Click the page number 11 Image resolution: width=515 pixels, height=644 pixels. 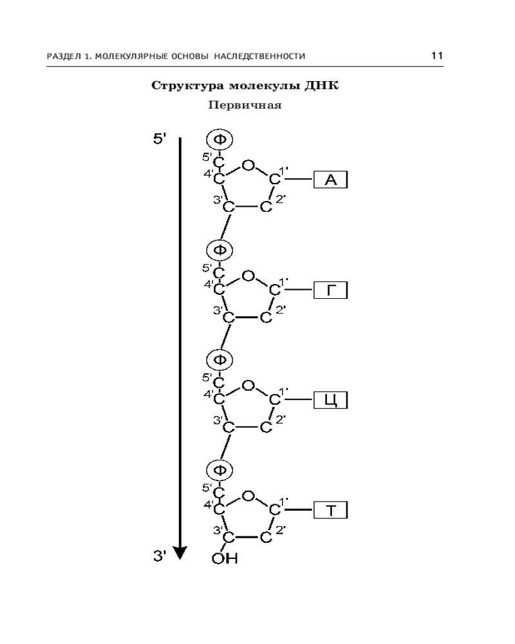[437, 55]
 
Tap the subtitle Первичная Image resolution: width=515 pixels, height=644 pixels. [245, 105]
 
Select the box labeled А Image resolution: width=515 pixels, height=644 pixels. [331, 180]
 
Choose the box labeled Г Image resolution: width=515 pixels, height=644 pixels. [331, 290]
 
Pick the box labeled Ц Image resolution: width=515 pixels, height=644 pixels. [331, 400]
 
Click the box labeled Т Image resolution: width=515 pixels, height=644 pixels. [331, 510]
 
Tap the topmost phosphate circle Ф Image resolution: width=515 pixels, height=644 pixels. [220, 140]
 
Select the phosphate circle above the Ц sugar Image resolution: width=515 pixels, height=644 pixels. [220, 360]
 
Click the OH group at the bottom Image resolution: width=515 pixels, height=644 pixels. [225, 558]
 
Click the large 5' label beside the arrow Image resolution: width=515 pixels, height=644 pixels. [160, 139]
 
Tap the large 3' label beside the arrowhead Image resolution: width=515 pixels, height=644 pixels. [160, 556]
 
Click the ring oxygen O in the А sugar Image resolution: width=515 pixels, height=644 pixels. [248, 166]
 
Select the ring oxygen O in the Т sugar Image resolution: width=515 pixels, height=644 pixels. [248, 496]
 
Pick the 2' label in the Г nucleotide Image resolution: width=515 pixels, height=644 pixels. [280, 309]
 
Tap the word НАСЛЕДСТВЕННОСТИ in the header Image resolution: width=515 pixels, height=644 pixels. [259, 56]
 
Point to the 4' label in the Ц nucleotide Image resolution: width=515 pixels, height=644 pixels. [208, 394]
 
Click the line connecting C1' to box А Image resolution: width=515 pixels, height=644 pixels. [299, 179]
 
